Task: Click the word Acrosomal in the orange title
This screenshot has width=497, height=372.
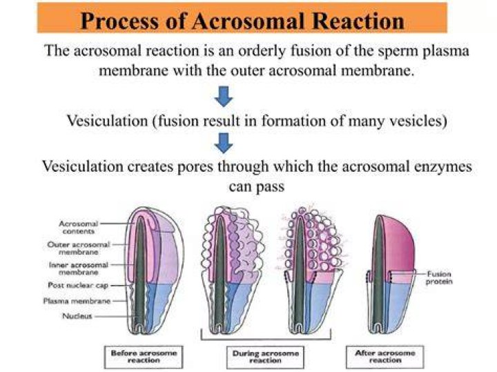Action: click(x=249, y=21)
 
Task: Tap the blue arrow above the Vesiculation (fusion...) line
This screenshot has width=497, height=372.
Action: click(x=224, y=97)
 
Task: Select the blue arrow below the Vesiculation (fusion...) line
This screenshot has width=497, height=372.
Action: click(x=224, y=143)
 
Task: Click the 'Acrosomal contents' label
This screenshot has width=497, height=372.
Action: click(x=79, y=227)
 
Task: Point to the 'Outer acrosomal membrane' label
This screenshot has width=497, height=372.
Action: click(x=79, y=248)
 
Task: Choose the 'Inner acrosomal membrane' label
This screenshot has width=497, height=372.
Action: click(x=79, y=268)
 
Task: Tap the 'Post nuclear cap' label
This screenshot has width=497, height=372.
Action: click(x=78, y=285)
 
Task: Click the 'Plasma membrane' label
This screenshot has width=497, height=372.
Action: click(x=77, y=300)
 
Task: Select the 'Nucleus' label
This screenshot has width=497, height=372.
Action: click(x=77, y=316)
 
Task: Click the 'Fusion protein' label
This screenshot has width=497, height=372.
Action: click(x=439, y=277)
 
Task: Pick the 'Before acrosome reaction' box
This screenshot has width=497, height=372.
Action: click(x=144, y=357)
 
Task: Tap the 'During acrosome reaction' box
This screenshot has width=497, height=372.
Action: click(x=265, y=357)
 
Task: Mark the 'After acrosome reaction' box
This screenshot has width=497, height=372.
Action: click(x=385, y=357)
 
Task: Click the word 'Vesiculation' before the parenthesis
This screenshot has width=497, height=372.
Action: click(x=107, y=121)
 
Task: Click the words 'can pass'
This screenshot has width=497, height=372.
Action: click(x=256, y=186)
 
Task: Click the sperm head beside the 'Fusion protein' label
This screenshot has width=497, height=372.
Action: click(x=391, y=275)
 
